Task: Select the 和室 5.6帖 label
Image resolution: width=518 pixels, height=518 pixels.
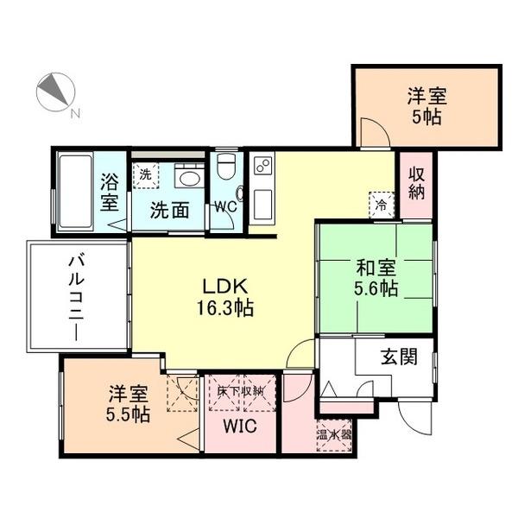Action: click(x=375, y=278)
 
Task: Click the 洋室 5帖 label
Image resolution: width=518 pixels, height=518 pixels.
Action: click(x=426, y=107)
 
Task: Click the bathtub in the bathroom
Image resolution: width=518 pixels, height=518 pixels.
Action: click(x=74, y=192)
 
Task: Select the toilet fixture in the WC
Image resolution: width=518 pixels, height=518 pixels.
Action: click(x=226, y=165)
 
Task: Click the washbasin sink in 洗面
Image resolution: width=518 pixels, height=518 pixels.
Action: click(x=186, y=176)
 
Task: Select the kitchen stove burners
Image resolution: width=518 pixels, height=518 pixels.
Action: click(x=262, y=164)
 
